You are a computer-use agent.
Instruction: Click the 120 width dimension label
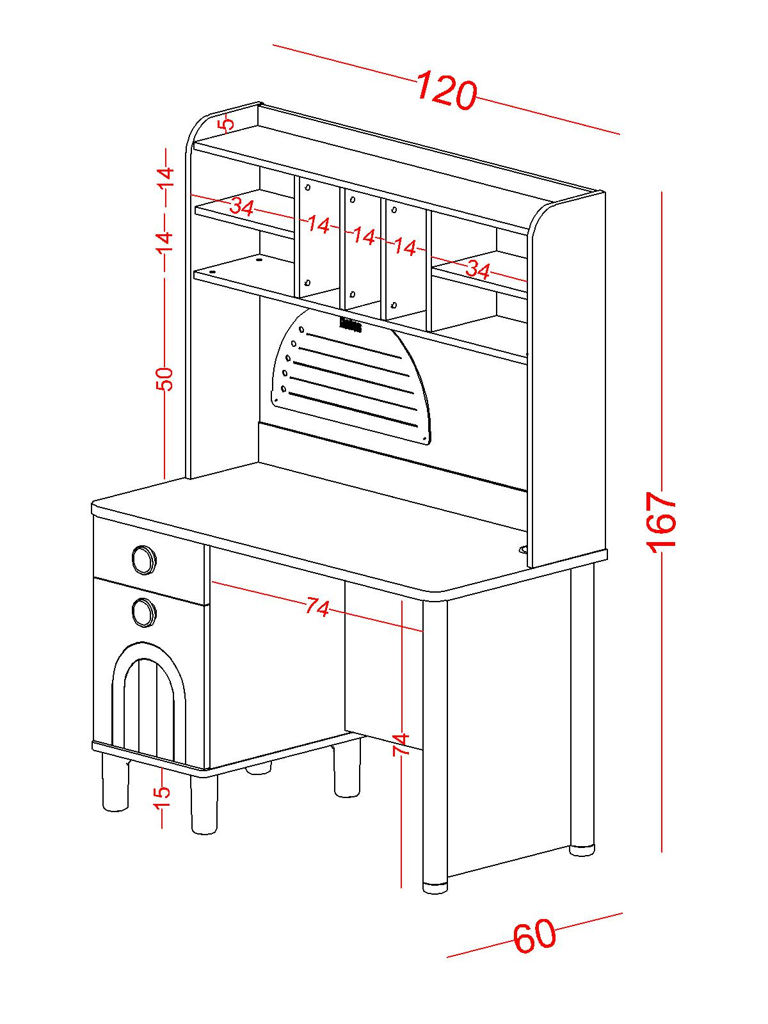447,92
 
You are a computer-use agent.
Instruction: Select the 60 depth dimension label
534,936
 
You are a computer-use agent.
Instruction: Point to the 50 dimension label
165,379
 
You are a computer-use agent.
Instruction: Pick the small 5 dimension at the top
225,124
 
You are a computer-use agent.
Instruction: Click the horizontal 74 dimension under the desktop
317,606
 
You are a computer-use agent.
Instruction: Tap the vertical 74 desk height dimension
401,744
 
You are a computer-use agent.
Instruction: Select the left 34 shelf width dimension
242,207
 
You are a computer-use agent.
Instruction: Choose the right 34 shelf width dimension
477,270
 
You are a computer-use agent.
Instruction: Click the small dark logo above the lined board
351,325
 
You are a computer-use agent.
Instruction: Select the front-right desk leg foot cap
435,888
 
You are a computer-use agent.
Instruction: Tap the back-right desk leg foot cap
582,851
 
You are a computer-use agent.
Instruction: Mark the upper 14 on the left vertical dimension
166,175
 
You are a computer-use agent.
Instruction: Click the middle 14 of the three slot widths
364,236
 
